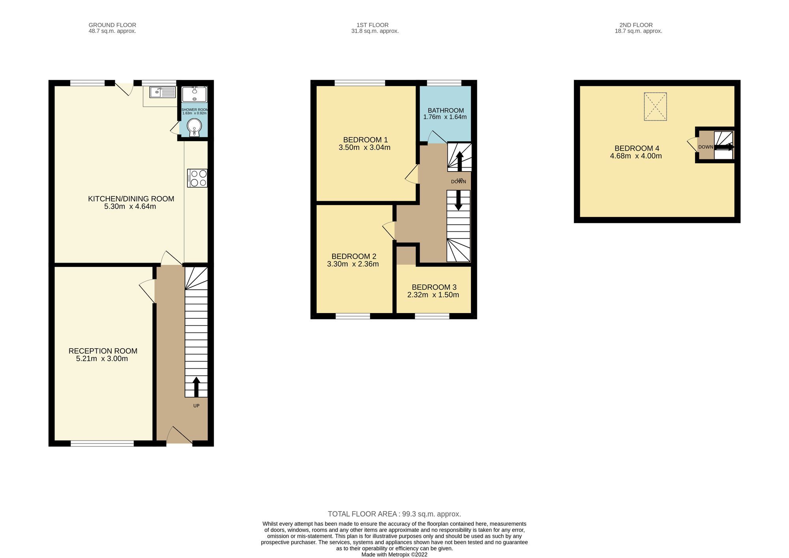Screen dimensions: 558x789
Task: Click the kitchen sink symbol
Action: [x=163, y=92]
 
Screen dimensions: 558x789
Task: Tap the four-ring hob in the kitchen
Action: [x=197, y=178]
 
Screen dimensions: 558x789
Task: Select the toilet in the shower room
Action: [x=194, y=127]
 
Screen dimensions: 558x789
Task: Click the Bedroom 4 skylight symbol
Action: [x=655, y=106]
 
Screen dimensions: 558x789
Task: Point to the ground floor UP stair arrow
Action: [x=196, y=387]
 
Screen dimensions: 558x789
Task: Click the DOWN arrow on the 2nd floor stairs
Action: [x=724, y=147]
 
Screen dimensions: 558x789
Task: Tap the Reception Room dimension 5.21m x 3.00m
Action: [x=102, y=359]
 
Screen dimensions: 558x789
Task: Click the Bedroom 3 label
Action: [x=434, y=287]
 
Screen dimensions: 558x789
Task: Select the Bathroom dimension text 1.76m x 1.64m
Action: [x=445, y=117]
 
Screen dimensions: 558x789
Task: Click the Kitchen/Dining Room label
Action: [x=131, y=199]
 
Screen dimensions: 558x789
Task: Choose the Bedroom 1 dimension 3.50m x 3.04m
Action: [x=365, y=148]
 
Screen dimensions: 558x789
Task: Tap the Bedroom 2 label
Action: [x=353, y=256]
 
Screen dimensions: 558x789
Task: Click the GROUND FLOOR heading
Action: [x=112, y=25]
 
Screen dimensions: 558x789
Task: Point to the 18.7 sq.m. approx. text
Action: [x=638, y=31]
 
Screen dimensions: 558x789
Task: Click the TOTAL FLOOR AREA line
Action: [x=394, y=514]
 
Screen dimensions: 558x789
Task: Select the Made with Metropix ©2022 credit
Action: [x=394, y=554]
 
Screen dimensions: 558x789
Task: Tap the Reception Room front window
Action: [x=102, y=444]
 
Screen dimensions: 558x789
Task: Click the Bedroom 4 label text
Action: [x=637, y=148]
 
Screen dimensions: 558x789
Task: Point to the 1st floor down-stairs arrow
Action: [x=458, y=201]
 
